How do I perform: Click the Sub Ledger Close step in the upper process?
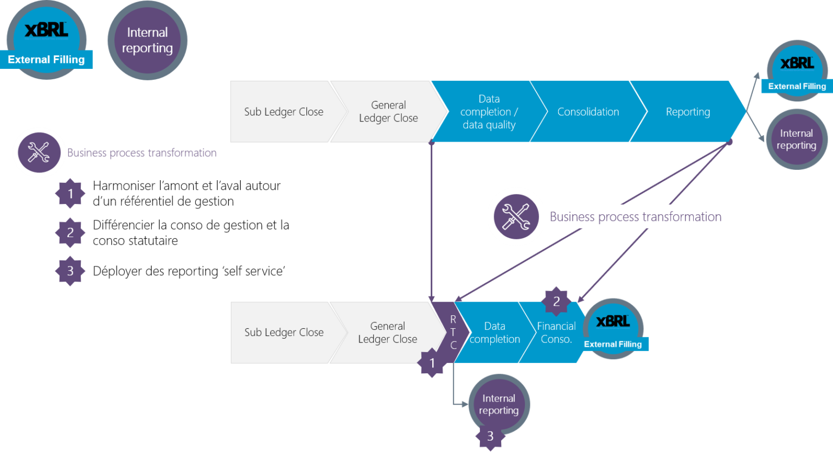pyautogui.click(x=283, y=112)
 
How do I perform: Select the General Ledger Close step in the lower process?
pyautogui.click(x=387, y=333)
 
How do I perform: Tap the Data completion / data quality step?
pyautogui.click(x=489, y=112)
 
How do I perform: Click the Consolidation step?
pyautogui.click(x=588, y=112)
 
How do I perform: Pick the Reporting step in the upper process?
pyautogui.click(x=688, y=112)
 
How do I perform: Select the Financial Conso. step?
pyautogui.click(x=556, y=333)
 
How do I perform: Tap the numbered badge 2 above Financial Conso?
pyautogui.click(x=556, y=302)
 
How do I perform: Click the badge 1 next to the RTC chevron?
pyautogui.click(x=432, y=363)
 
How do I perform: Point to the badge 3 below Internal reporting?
pyautogui.click(x=490, y=436)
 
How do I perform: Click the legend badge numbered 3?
pyautogui.click(x=70, y=271)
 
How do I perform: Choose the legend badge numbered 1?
pyautogui.click(x=70, y=194)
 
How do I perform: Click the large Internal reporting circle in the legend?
pyautogui.click(x=147, y=40)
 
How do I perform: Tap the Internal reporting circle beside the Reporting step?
pyautogui.click(x=796, y=139)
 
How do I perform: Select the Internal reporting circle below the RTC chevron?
pyautogui.click(x=498, y=404)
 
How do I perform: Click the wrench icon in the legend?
pyautogui.click(x=39, y=152)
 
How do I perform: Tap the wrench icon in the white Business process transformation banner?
pyautogui.click(x=516, y=217)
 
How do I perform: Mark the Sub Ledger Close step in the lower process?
pyautogui.click(x=284, y=333)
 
